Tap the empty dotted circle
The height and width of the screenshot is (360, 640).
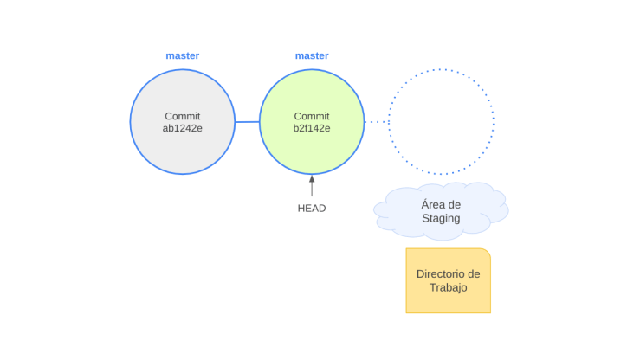[441, 121]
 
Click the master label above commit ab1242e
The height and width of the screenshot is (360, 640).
[183, 55]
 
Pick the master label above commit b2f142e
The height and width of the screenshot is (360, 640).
[312, 55]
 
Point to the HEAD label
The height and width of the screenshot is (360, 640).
[312, 208]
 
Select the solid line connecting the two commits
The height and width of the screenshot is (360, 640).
[247, 122]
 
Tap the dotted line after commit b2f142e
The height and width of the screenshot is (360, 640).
[376, 122]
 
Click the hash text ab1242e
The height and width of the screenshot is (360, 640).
[182, 128]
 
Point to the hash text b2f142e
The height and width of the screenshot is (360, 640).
[312, 128]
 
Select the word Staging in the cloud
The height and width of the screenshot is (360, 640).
[441, 218]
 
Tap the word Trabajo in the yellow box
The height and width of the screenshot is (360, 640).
[448, 287]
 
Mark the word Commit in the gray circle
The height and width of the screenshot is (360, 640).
[182, 116]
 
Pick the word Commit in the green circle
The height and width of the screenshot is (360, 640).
[312, 116]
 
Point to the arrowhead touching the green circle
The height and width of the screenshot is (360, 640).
[312, 177]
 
